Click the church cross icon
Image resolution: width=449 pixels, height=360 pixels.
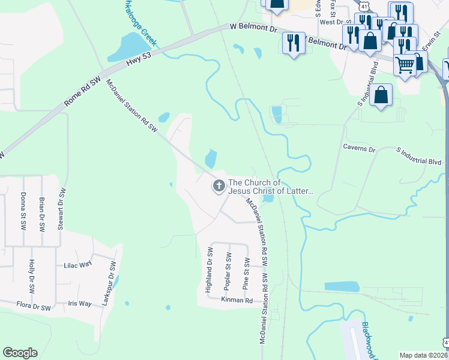click(x=218, y=187)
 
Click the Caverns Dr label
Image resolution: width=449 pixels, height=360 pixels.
click(x=358, y=148)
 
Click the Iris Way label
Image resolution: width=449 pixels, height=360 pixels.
click(x=79, y=304)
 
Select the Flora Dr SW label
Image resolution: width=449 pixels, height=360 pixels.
click(x=32, y=307)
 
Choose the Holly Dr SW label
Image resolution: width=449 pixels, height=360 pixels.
click(x=31, y=275)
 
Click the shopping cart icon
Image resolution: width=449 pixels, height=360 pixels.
click(x=405, y=64)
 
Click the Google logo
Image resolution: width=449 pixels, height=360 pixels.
click(x=20, y=353)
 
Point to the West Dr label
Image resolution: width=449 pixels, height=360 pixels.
click(x=331, y=22)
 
